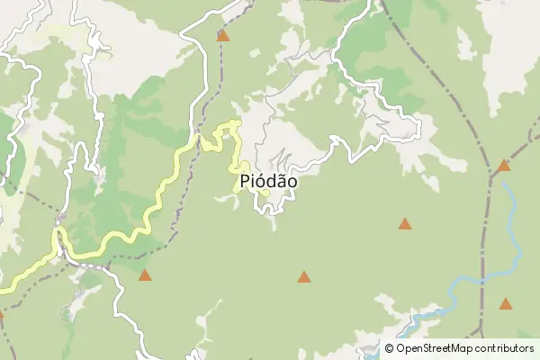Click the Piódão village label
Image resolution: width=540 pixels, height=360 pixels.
click(269, 181)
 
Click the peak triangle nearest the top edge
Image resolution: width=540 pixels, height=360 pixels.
click(223, 36)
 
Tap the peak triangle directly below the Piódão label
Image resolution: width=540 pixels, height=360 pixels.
click(304, 277)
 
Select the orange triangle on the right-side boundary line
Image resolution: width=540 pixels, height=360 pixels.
click(504, 166)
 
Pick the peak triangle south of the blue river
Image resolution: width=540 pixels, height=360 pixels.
click(506, 304)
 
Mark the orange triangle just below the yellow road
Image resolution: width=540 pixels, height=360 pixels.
click(145, 274)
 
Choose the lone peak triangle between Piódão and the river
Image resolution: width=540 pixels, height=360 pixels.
click(405, 223)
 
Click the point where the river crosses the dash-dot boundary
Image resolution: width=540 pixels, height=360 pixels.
click(483, 282)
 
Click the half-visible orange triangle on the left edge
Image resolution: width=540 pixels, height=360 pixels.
click(1, 315)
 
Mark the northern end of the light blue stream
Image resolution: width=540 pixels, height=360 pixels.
click(505, 184)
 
